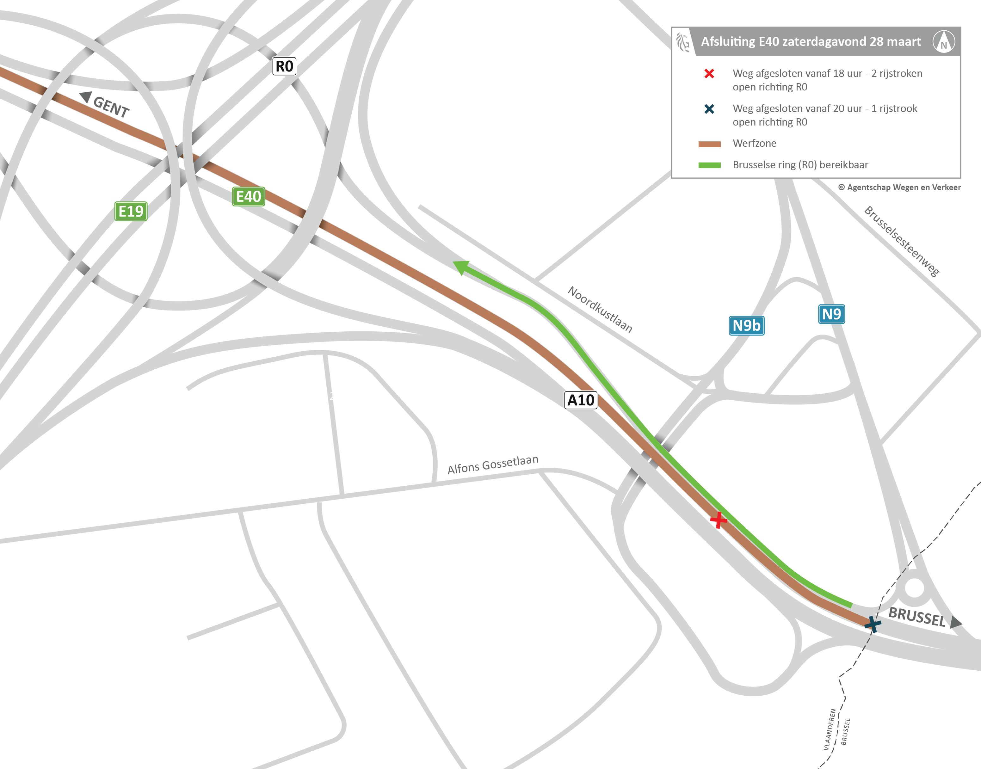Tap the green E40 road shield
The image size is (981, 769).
pos(249,196)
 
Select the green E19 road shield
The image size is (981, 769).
pos(131,211)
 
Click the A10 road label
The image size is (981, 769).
pos(581,400)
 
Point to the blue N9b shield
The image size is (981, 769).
pos(746,325)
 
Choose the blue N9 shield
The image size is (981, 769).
pos(831,314)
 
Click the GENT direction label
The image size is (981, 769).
pos(110,107)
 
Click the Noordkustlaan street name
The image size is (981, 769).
pos(600,309)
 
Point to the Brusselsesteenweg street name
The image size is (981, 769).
pos(901,241)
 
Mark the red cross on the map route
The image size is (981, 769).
pos(718,520)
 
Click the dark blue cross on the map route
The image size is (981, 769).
pos(873,624)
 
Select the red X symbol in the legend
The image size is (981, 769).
pos(709,73)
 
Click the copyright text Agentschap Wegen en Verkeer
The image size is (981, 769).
pos(899,187)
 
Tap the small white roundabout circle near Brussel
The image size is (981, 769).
pos(914,588)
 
